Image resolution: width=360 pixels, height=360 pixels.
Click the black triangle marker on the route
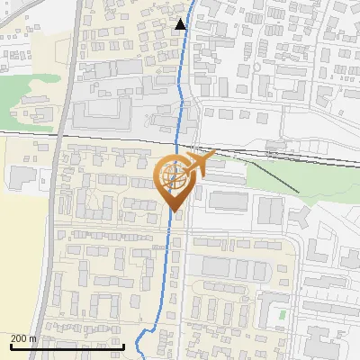click(181, 24)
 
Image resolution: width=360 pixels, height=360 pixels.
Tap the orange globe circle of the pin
click(174, 176)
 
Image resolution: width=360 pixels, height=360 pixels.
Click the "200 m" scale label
click(23, 338)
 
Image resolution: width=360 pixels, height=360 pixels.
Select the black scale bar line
click(67, 346)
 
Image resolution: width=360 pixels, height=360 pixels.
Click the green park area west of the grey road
click(31, 90)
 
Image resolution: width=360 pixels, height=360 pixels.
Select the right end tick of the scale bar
click(123, 345)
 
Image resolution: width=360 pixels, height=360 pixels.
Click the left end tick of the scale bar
click(11, 345)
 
